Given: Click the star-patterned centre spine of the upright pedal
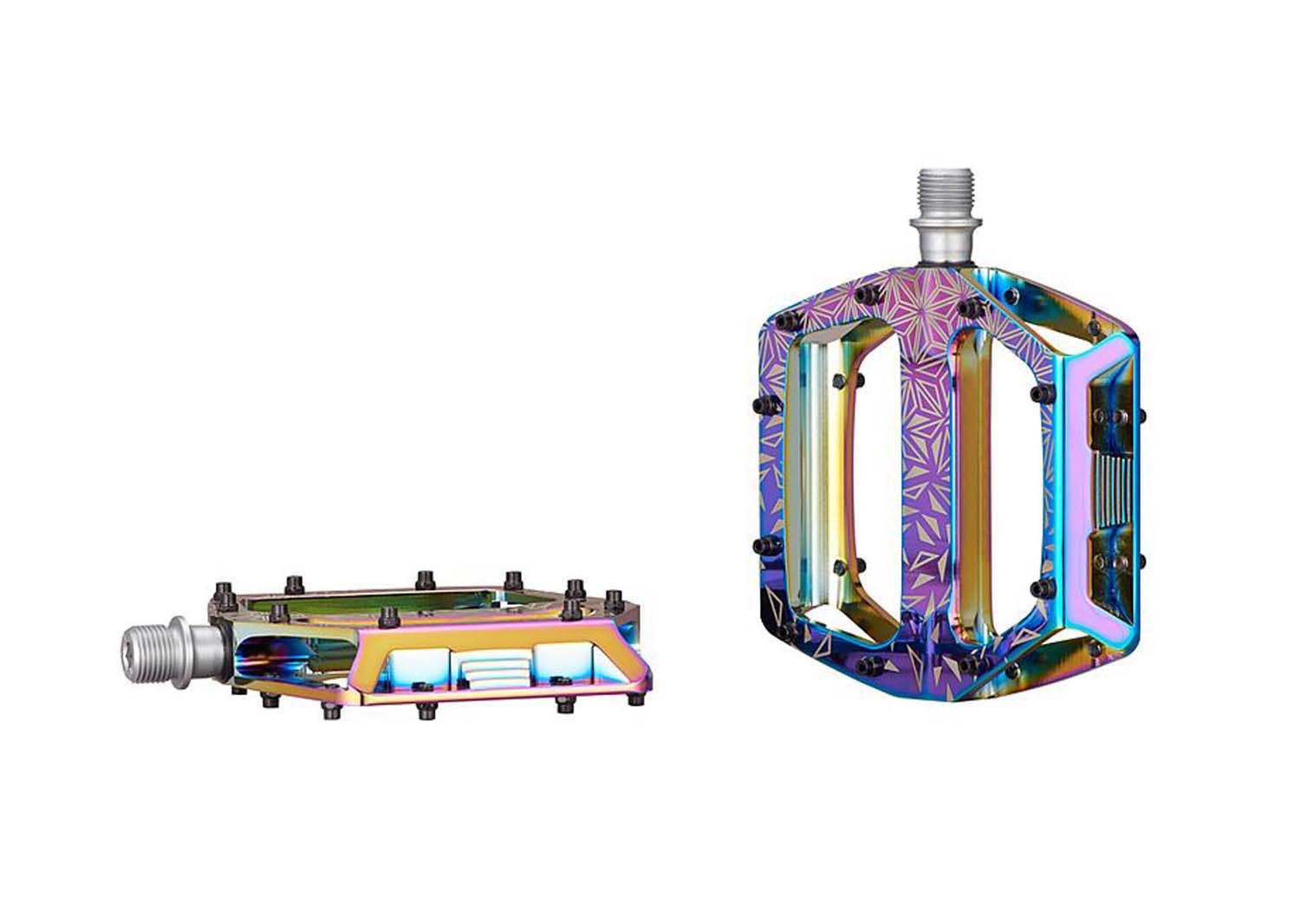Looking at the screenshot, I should click(914, 433).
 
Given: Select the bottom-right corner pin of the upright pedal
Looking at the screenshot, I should click(1096, 647).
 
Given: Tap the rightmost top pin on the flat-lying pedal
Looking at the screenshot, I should click(612, 598).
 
